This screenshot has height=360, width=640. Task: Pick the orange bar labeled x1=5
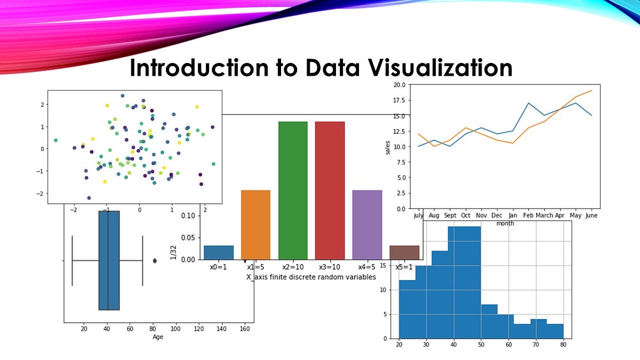click(x=255, y=225)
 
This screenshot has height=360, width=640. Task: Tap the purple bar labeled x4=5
click(x=367, y=225)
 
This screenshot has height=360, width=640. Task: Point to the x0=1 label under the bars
click(x=218, y=267)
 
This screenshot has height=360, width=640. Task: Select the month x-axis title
click(x=505, y=223)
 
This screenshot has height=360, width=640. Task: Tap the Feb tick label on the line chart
click(x=528, y=215)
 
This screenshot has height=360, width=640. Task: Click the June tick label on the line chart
click(x=591, y=215)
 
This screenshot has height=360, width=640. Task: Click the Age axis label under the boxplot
click(x=158, y=337)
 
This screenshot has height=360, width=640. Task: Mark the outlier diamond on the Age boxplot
click(x=155, y=260)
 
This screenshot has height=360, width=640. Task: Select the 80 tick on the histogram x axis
click(x=563, y=345)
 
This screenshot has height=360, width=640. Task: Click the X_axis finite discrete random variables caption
click(x=311, y=277)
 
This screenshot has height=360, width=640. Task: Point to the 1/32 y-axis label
click(x=173, y=252)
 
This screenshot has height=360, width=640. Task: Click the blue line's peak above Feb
click(x=528, y=103)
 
